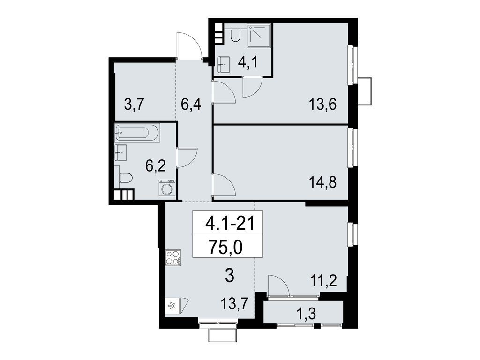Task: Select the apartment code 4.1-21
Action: coord(229,224)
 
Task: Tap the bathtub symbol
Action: coord(137,133)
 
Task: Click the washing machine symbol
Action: coord(167,188)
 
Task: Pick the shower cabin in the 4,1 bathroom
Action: coord(259,36)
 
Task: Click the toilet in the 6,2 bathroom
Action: coord(125,178)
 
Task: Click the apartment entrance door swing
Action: coord(189,46)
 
